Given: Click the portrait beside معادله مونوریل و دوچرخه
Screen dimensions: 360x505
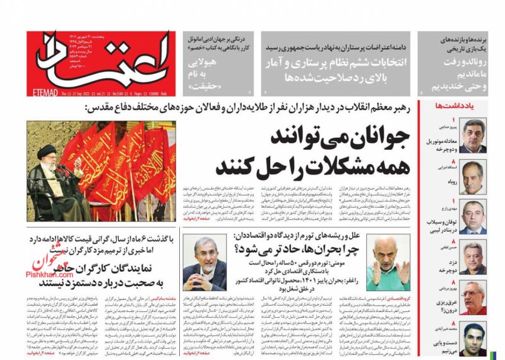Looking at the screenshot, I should click(474, 135).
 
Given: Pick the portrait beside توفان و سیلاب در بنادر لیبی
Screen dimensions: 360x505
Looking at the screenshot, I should click(474, 217).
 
